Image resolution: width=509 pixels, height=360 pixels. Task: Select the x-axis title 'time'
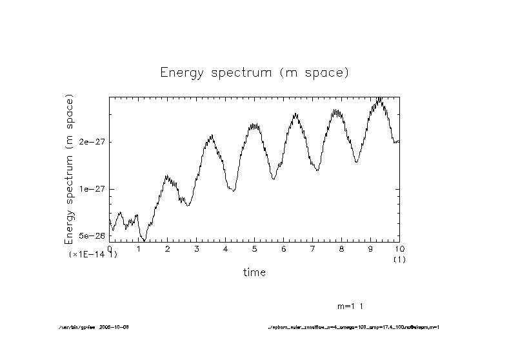tap(254, 272)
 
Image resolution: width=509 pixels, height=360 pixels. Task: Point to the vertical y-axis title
tap(70, 169)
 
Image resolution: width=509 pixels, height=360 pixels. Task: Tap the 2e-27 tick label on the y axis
tap(92, 142)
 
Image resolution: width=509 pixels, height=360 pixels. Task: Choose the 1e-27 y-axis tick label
tap(92, 189)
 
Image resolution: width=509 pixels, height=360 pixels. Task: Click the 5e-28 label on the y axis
tap(92, 237)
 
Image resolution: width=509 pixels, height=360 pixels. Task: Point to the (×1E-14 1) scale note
tap(93, 255)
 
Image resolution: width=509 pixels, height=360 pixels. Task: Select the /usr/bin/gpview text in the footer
tap(76, 328)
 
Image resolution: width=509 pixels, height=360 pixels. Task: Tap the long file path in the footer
tap(354, 328)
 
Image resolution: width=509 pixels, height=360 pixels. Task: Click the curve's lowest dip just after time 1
tap(145, 240)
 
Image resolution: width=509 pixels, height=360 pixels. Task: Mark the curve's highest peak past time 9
tap(380, 99)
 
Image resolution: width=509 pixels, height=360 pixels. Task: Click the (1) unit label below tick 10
tap(399, 259)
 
